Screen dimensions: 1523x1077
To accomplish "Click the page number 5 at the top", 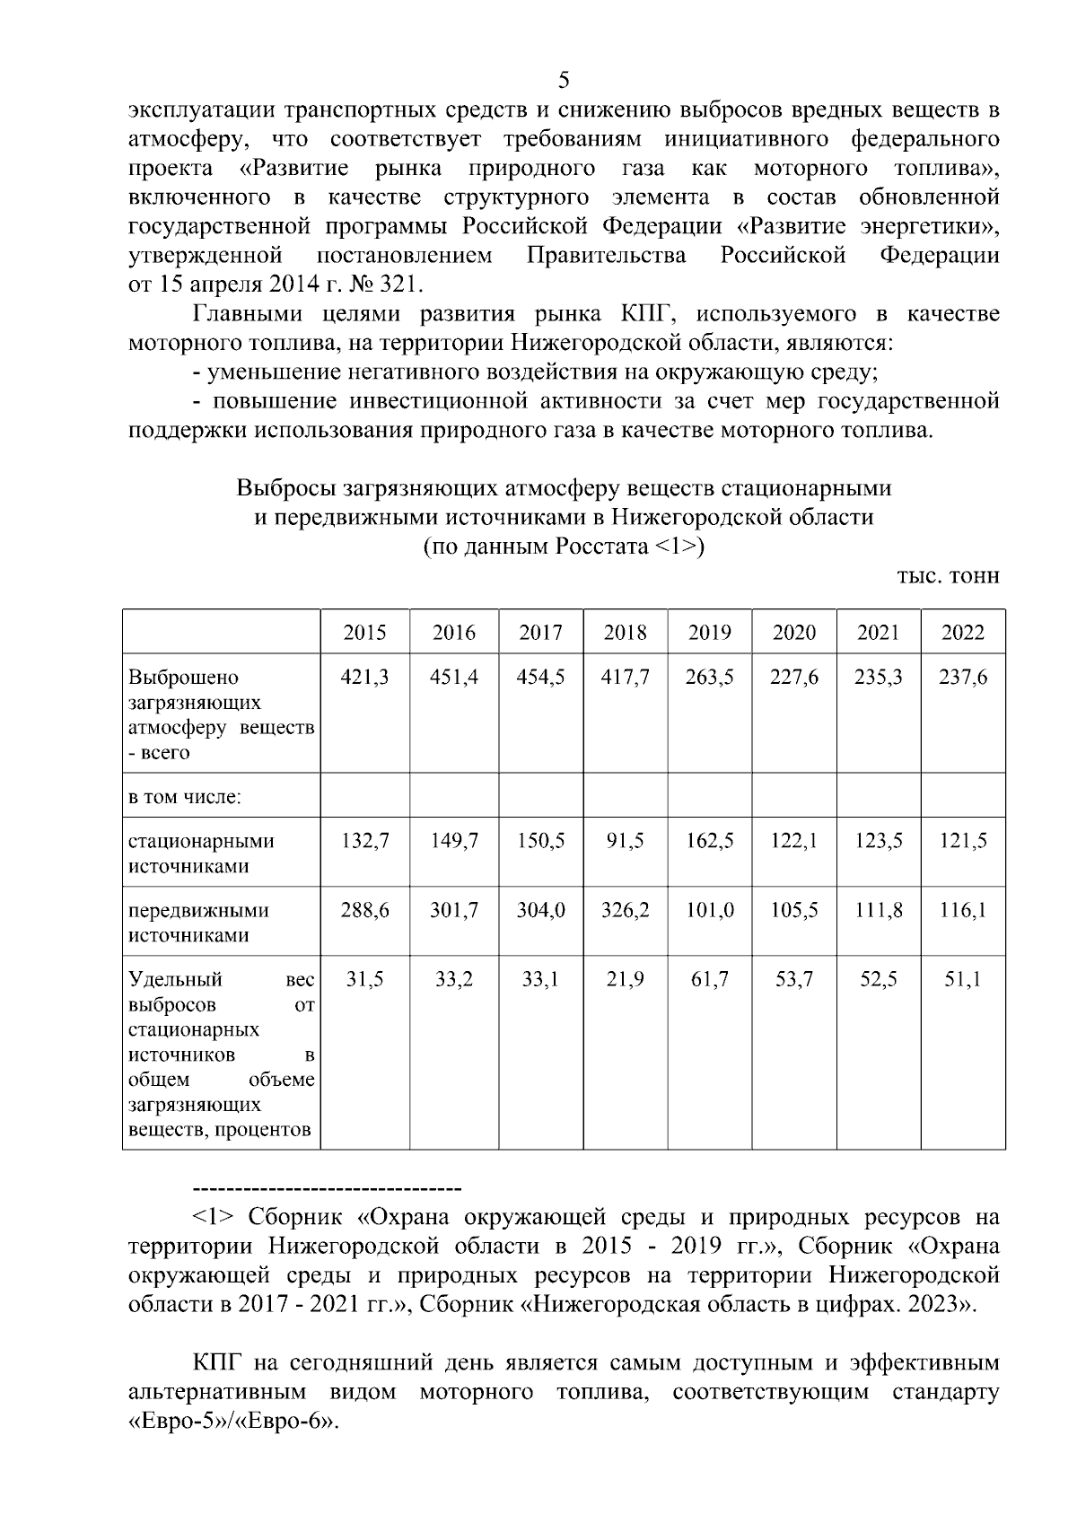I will click(x=564, y=81).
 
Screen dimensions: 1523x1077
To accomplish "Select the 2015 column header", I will click(x=365, y=633).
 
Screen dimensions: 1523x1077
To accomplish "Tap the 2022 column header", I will click(x=962, y=633).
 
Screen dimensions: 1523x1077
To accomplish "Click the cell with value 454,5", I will click(x=540, y=678).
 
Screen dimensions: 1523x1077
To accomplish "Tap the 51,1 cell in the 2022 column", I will click(x=962, y=980).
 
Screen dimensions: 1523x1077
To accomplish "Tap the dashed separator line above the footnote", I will click(x=327, y=1190).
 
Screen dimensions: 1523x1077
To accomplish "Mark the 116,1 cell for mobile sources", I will click(x=962, y=911).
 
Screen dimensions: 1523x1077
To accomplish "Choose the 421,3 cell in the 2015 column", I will click(x=365, y=678).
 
